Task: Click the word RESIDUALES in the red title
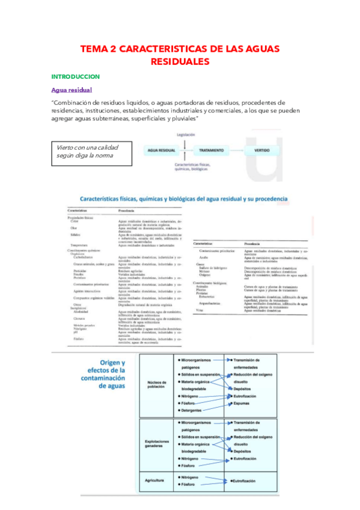point(180,61)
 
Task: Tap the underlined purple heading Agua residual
point(72,90)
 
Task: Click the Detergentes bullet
point(195,411)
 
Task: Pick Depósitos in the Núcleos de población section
point(242,389)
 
